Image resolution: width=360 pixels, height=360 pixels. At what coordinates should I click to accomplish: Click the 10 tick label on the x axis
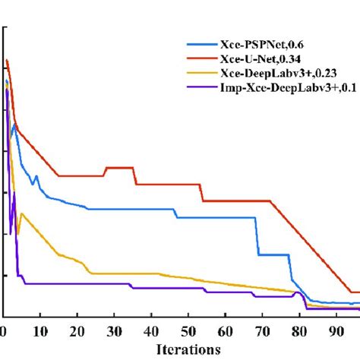click(39, 332)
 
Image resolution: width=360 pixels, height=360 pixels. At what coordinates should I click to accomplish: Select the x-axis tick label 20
click(77, 332)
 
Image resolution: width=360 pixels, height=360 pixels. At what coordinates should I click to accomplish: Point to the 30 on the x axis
click(114, 332)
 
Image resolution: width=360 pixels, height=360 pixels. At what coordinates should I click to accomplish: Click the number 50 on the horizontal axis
click(188, 332)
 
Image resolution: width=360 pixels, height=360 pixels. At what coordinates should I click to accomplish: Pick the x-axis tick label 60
click(226, 332)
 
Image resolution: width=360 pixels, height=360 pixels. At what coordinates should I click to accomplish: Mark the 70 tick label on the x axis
click(263, 332)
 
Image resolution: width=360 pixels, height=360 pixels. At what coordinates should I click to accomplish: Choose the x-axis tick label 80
click(300, 332)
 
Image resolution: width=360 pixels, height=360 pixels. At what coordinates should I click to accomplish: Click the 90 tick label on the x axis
click(337, 332)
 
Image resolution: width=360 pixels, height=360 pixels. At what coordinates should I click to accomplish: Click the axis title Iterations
click(188, 349)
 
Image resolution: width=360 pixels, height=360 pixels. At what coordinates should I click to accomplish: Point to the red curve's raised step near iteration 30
click(120, 168)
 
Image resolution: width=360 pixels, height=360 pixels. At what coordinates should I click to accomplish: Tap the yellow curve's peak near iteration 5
click(22, 213)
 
